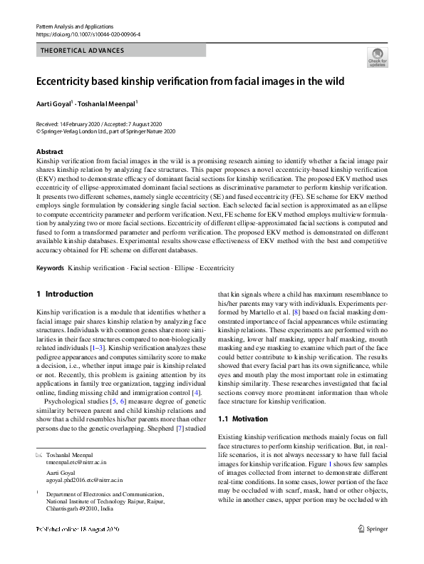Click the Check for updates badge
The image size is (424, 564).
[x=377, y=56]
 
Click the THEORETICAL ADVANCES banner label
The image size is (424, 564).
[x=83, y=51]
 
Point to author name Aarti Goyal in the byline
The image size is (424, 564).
[x=53, y=103]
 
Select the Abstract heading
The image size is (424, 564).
[x=49, y=152]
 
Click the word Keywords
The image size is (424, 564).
[x=50, y=268]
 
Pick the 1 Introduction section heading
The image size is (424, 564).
[x=64, y=294]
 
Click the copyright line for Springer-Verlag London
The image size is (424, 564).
[x=105, y=131]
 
